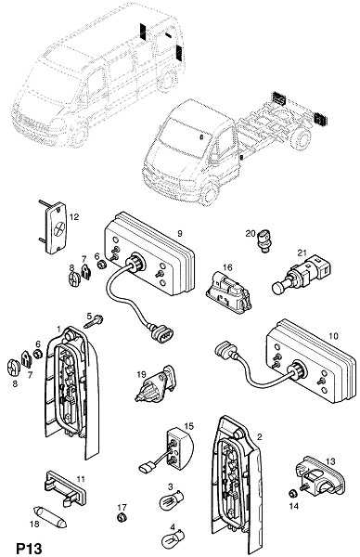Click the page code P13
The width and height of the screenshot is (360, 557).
pyautogui.click(x=29, y=548)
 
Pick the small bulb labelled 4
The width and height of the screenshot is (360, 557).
pyautogui.click(x=174, y=539)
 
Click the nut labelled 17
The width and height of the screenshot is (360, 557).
pyautogui.click(x=122, y=517)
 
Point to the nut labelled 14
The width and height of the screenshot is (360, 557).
pyautogui.click(x=293, y=493)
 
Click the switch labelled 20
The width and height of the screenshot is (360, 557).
pyautogui.click(x=264, y=240)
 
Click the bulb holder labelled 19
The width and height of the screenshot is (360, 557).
pyautogui.click(x=155, y=384)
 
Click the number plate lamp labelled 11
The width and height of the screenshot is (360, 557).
pyautogui.click(x=66, y=488)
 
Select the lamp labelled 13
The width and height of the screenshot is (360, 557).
pyautogui.click(x=321, y=477)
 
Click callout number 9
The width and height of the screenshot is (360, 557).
pyautogui.click(x=180, y=233)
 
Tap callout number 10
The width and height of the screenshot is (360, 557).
pyautogui.click(x=334, y=336)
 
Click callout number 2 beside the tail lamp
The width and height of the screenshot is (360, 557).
pyautogui.click(x=260, y=437)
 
